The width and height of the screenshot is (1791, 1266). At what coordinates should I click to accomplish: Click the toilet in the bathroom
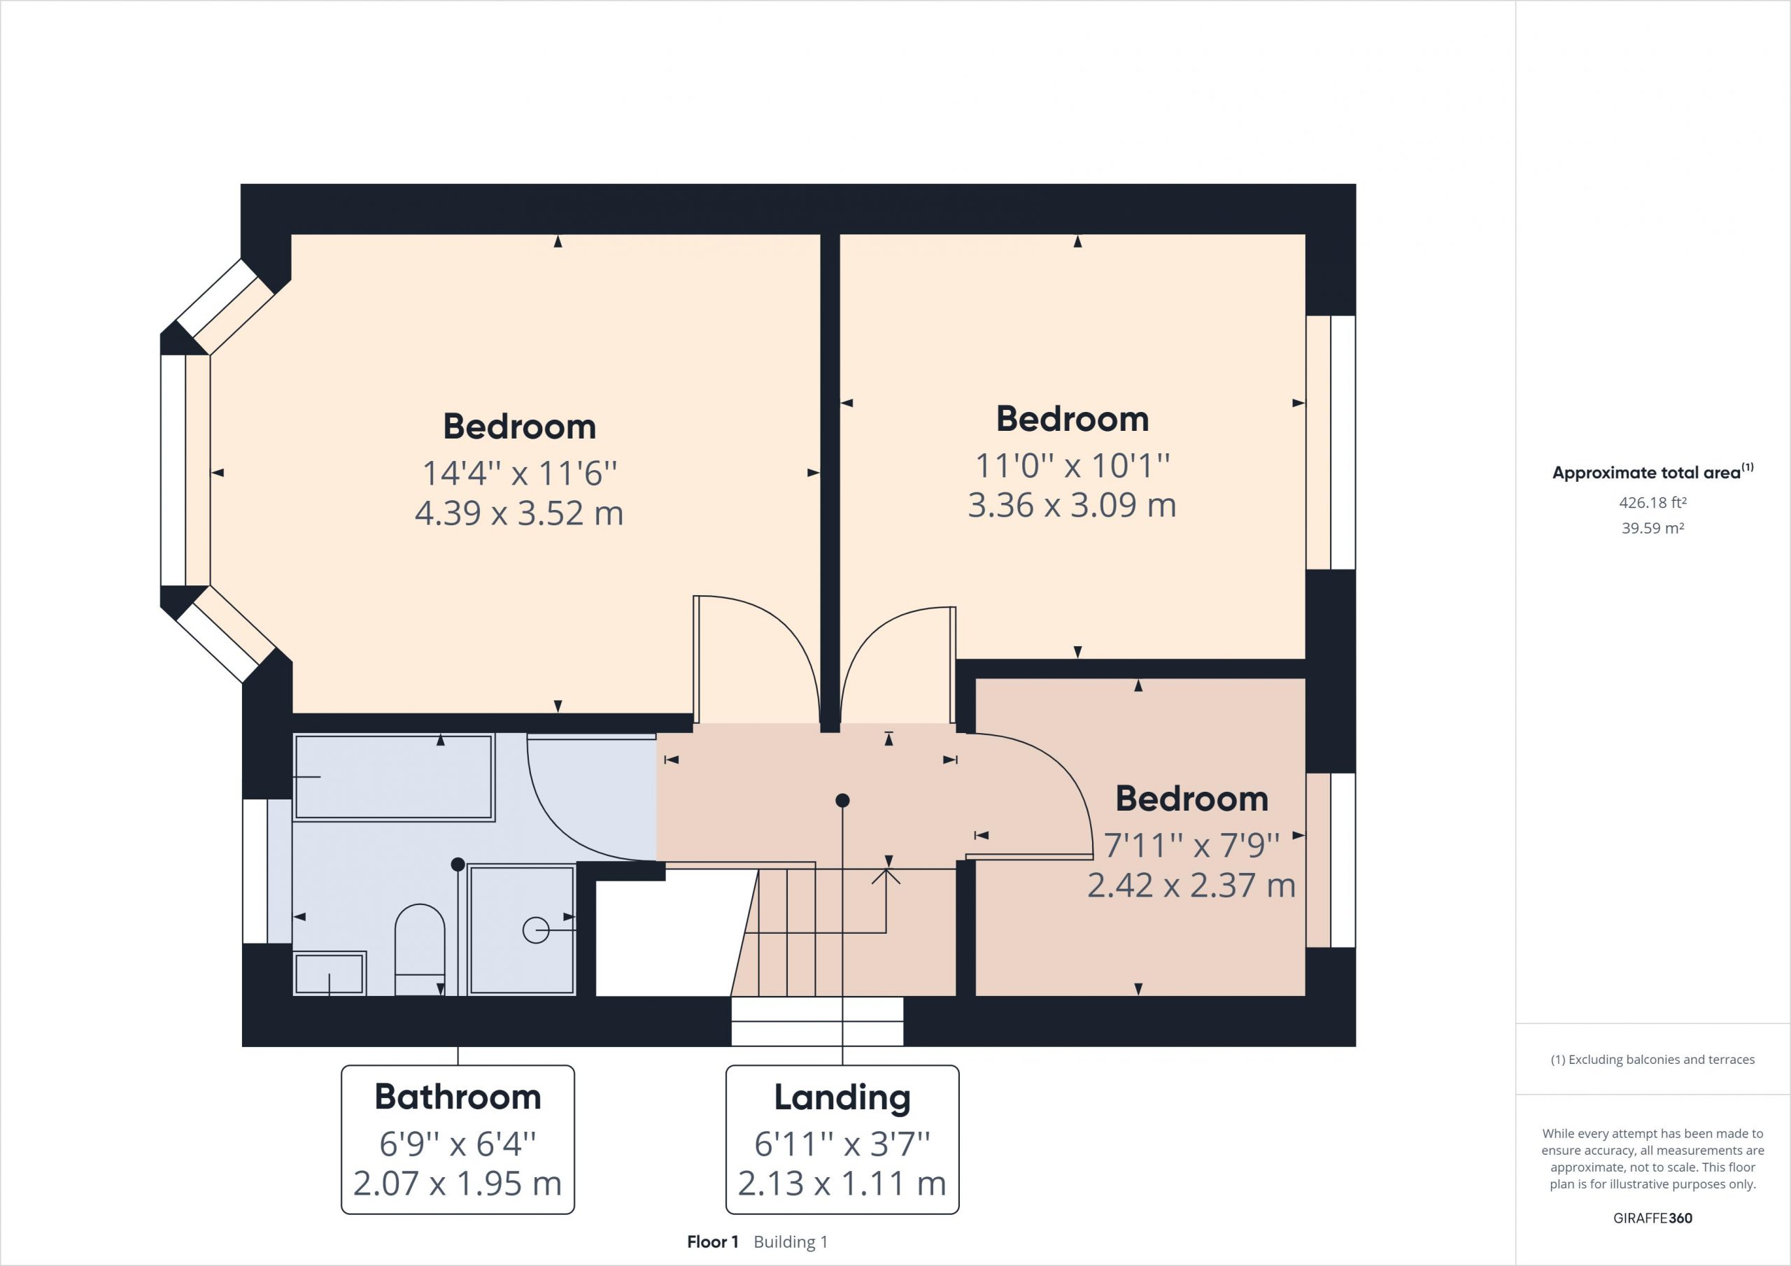(x=420, y=949)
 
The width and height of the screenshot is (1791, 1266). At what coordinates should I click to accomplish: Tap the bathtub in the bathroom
(x=394, y=777)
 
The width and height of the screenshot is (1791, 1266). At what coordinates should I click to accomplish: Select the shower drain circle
(x=536, y=930)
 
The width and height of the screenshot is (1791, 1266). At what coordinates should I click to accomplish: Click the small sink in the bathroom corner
(x=330, y=973)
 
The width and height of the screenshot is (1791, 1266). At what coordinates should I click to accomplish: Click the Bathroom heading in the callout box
(x=458, y=1097)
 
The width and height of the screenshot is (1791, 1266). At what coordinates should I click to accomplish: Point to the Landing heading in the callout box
(x=842, y=1098)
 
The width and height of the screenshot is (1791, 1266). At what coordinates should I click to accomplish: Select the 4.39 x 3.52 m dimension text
(x=518, y=513)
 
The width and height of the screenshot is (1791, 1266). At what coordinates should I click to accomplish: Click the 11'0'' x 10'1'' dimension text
(x=1073, y=466)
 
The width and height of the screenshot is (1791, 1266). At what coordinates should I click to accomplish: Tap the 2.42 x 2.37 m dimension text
(x=1191, y=886)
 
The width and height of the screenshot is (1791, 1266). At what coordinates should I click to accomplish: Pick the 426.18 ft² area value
(x=1653, y=502)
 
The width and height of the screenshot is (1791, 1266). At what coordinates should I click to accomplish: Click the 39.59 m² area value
(x=1653, y=528)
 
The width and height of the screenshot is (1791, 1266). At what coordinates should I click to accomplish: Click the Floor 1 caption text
(x=712, y=1242)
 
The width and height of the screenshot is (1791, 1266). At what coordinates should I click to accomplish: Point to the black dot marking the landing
(x=842, y=800)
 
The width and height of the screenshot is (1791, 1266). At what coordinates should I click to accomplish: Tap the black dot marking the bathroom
(x=458, y=865)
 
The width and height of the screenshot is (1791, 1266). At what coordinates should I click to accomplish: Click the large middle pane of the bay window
(x=185, y=470)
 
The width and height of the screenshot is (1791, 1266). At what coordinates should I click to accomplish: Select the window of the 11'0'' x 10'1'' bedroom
(x=1331, y=442)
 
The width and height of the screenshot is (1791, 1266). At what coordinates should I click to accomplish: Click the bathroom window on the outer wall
(x=267, y=871)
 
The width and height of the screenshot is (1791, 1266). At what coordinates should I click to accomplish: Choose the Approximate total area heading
(x=1652, y=472)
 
